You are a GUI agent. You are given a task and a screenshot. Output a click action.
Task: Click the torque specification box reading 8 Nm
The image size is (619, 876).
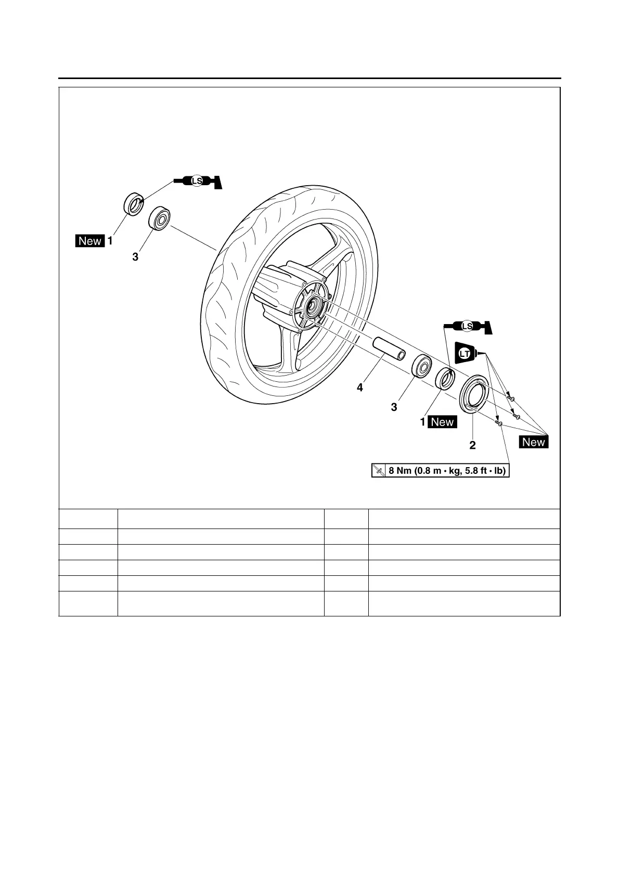point(440,471)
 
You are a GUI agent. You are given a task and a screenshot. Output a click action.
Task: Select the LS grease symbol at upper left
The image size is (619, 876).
point(197,181)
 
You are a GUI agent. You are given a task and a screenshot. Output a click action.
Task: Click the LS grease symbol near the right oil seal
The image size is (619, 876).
point(467,326)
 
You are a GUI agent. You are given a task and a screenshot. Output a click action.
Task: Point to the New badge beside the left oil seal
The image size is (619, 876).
point(90,241)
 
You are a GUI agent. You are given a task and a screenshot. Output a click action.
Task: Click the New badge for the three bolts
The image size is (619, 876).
point(534,442)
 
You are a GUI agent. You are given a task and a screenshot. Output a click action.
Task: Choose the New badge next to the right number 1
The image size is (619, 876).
point(442,422)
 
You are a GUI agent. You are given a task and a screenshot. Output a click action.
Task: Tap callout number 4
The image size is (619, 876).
point(360,388)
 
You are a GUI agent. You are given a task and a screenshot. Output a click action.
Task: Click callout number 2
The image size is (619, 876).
point(472,445)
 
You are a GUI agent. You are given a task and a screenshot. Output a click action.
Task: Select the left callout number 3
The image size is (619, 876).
point(135,256)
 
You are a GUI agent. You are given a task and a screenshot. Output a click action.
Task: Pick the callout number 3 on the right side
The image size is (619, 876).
point(394,407)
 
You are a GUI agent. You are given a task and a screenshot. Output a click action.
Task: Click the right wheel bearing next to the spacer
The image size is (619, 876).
point(421,365)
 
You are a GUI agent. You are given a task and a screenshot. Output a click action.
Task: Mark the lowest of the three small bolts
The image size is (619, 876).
point(499,423)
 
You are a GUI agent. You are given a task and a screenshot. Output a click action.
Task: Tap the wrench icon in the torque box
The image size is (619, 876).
point(379,471)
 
